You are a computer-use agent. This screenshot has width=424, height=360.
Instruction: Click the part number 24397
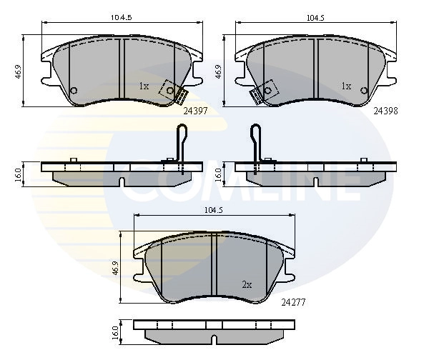pyautogui.click(x=195, y=111)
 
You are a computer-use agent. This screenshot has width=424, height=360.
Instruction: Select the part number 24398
pyautogui.click(x=385, y=111)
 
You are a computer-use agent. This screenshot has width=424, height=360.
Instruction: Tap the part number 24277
pyautogui.click(x=293, y=302)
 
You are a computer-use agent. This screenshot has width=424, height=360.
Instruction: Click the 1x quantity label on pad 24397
pyautogui.click(x=144, y=86)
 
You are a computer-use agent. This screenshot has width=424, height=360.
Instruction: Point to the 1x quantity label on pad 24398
pyautogui.click(x=346, y=86)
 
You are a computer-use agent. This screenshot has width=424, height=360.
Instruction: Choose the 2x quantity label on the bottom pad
pyautogui.click(x=247, y=285)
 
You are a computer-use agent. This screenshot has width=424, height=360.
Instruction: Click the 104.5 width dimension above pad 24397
pyautogui.click(x=122, y=18)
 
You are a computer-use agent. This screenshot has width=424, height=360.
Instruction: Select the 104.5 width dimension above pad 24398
pyautogui.click(x=315, y=18)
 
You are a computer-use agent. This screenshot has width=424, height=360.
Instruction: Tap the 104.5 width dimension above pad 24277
pyautogui.click(x=214, y=210)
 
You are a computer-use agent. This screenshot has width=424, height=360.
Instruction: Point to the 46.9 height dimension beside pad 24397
pyautogui.click(x=18, y=71)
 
